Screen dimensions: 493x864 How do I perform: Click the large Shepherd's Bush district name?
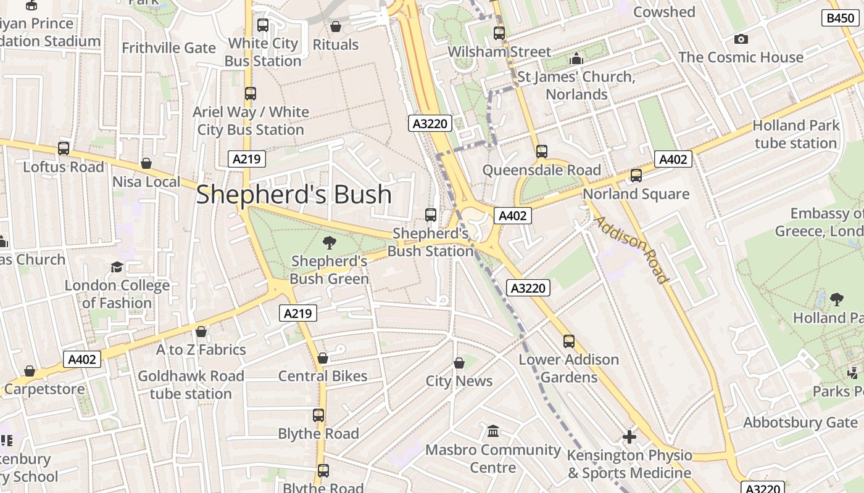(294, 195)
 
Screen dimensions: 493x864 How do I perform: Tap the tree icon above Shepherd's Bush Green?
(330, 242)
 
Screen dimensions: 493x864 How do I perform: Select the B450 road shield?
(841, 18)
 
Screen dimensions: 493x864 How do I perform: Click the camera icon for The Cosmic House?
(741, 39)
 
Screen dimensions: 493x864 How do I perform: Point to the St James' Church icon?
(576, 59)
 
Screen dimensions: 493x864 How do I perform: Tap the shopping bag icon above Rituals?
(336, 26)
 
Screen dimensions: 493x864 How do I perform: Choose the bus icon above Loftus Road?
(64, 149)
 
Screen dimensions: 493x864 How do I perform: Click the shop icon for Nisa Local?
(146, 163)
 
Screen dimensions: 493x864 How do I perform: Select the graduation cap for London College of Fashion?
(117, 267)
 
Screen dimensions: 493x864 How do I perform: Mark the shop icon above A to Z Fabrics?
(201, 332)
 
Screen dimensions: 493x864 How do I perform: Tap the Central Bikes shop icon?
(322, 358)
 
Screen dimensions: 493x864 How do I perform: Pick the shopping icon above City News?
(459, 363)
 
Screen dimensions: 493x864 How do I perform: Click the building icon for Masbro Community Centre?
(493, 431)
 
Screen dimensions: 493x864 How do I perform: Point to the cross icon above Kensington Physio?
(629, 438)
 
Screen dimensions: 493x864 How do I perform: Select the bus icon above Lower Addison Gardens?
(569, 341)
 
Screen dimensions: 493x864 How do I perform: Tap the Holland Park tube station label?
(795, 134)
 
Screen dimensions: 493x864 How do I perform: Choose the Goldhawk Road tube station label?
(191, 385)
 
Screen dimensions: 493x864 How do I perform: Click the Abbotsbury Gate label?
(800, 423)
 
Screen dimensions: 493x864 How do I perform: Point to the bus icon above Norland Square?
(636, 176)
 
